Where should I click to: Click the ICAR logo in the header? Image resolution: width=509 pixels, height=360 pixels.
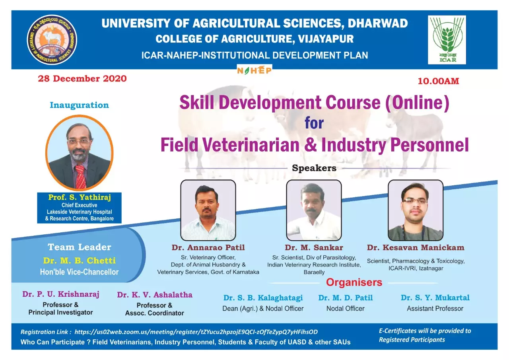[x=447, y=40]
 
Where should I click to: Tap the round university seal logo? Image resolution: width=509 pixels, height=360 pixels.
[x=52, y=40]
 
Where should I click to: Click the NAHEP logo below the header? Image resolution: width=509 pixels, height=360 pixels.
[x=254, y=70]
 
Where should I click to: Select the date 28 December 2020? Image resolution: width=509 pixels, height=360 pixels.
[x=82, y=79]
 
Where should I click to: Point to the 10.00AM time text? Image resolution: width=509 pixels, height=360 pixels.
[x=438, y=81]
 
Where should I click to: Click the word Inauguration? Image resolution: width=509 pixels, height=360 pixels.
[x=79, y=105]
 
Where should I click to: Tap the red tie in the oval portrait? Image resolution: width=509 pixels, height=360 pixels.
[x=80, y=176]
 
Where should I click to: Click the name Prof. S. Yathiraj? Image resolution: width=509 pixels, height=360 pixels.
[x=80, y=197]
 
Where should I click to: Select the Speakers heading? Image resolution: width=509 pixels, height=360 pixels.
[x=314, y=168]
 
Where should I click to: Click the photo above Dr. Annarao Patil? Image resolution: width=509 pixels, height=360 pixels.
[x=208, y=210]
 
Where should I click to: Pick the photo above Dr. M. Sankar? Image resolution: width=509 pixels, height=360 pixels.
[x=314, y=210]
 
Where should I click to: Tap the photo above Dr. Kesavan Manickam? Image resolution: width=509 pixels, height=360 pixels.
[x=416, y=210]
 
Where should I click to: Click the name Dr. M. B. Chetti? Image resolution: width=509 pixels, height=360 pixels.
[x=79, y=261]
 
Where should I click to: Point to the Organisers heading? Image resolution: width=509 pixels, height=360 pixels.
[x=354, y=282]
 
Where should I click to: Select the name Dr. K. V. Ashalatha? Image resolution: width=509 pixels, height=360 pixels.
[x=155, y=295]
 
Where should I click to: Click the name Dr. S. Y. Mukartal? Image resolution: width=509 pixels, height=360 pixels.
[x=435, y=298]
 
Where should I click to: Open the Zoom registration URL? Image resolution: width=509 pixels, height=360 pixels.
[x=196, y=332]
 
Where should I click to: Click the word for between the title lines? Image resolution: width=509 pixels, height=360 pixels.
[x=314, y=123]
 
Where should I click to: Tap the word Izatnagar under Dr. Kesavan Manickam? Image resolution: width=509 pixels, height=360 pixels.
[x=431, y=269]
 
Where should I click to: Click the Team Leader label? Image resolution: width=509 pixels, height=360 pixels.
[x=79, y=247]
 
